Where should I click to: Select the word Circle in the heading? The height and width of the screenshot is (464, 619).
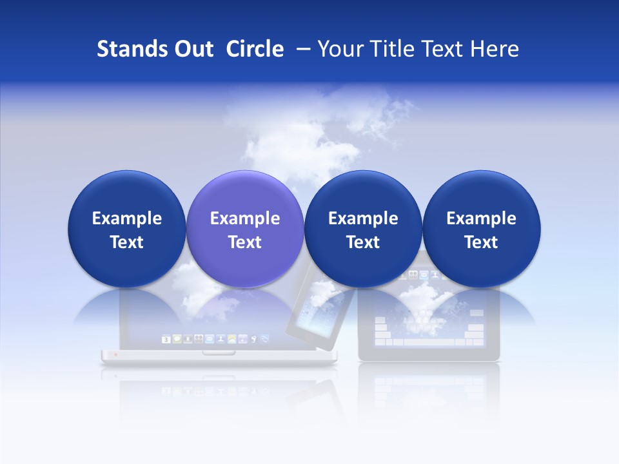tap(255, 49)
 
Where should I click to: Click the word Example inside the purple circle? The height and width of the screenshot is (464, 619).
tap(245, 218)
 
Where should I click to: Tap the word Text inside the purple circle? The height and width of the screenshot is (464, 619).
tap(245, 242)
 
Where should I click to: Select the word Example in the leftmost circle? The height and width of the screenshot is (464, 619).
tap(127, 218)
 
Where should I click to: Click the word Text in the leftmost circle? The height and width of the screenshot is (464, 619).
tap(127, 242)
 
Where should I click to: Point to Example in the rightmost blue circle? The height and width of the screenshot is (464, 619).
tap(481, 218)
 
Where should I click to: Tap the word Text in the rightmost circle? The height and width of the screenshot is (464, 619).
tap(481, 242)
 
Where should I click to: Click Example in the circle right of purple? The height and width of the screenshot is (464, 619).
tap(363, 218)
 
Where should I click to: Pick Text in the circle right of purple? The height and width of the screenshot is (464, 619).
tap(363, 242)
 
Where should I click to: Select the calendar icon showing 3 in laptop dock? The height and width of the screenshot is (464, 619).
tap(166, 339)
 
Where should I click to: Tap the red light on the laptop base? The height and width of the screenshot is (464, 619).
tap(115, 354)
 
